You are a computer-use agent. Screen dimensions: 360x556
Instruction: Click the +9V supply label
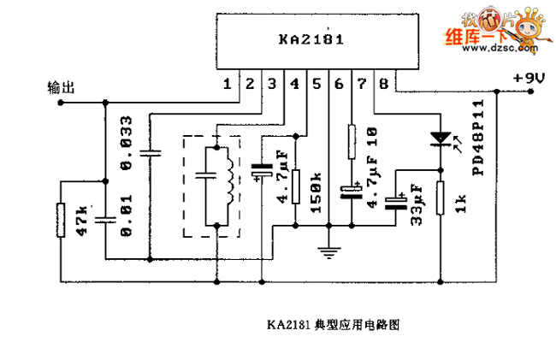529,78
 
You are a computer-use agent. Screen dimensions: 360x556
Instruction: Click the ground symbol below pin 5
328,251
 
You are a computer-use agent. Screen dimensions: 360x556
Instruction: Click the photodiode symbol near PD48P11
441,137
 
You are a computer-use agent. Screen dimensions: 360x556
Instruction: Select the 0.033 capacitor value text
127,155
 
